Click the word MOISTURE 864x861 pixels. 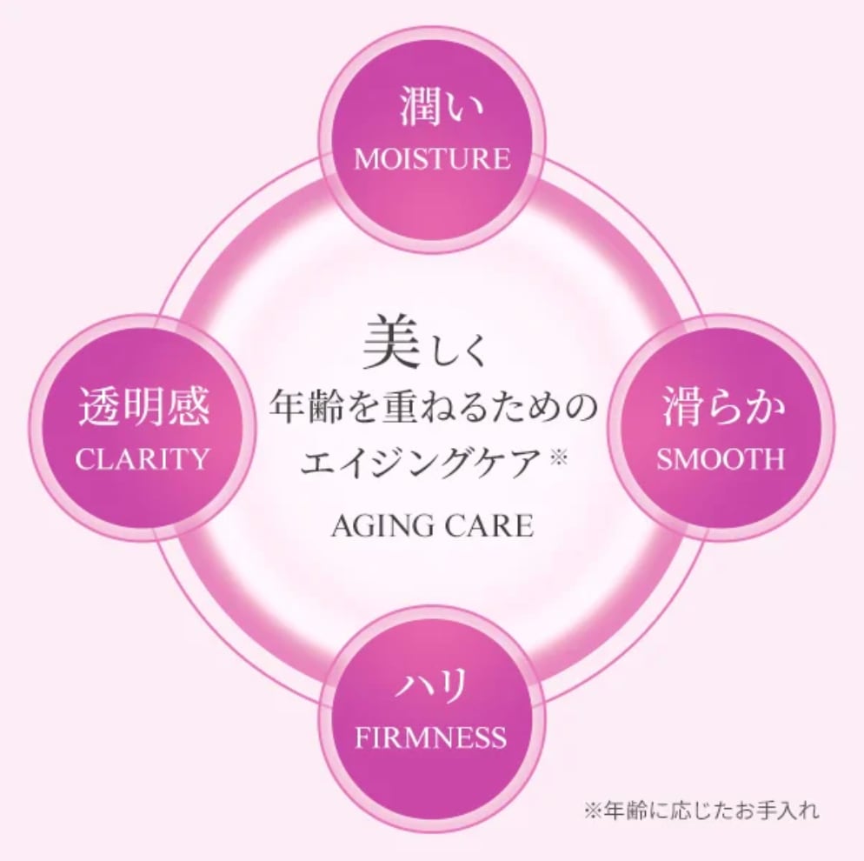[432, 159]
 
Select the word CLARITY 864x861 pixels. [143, 457]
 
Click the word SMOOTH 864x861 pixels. [721, 458]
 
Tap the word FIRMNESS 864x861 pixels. [431, 738]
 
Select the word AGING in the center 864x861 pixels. [380, 526]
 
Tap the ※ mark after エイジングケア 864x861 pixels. [558, 455]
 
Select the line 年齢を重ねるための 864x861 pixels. [432, 407]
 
